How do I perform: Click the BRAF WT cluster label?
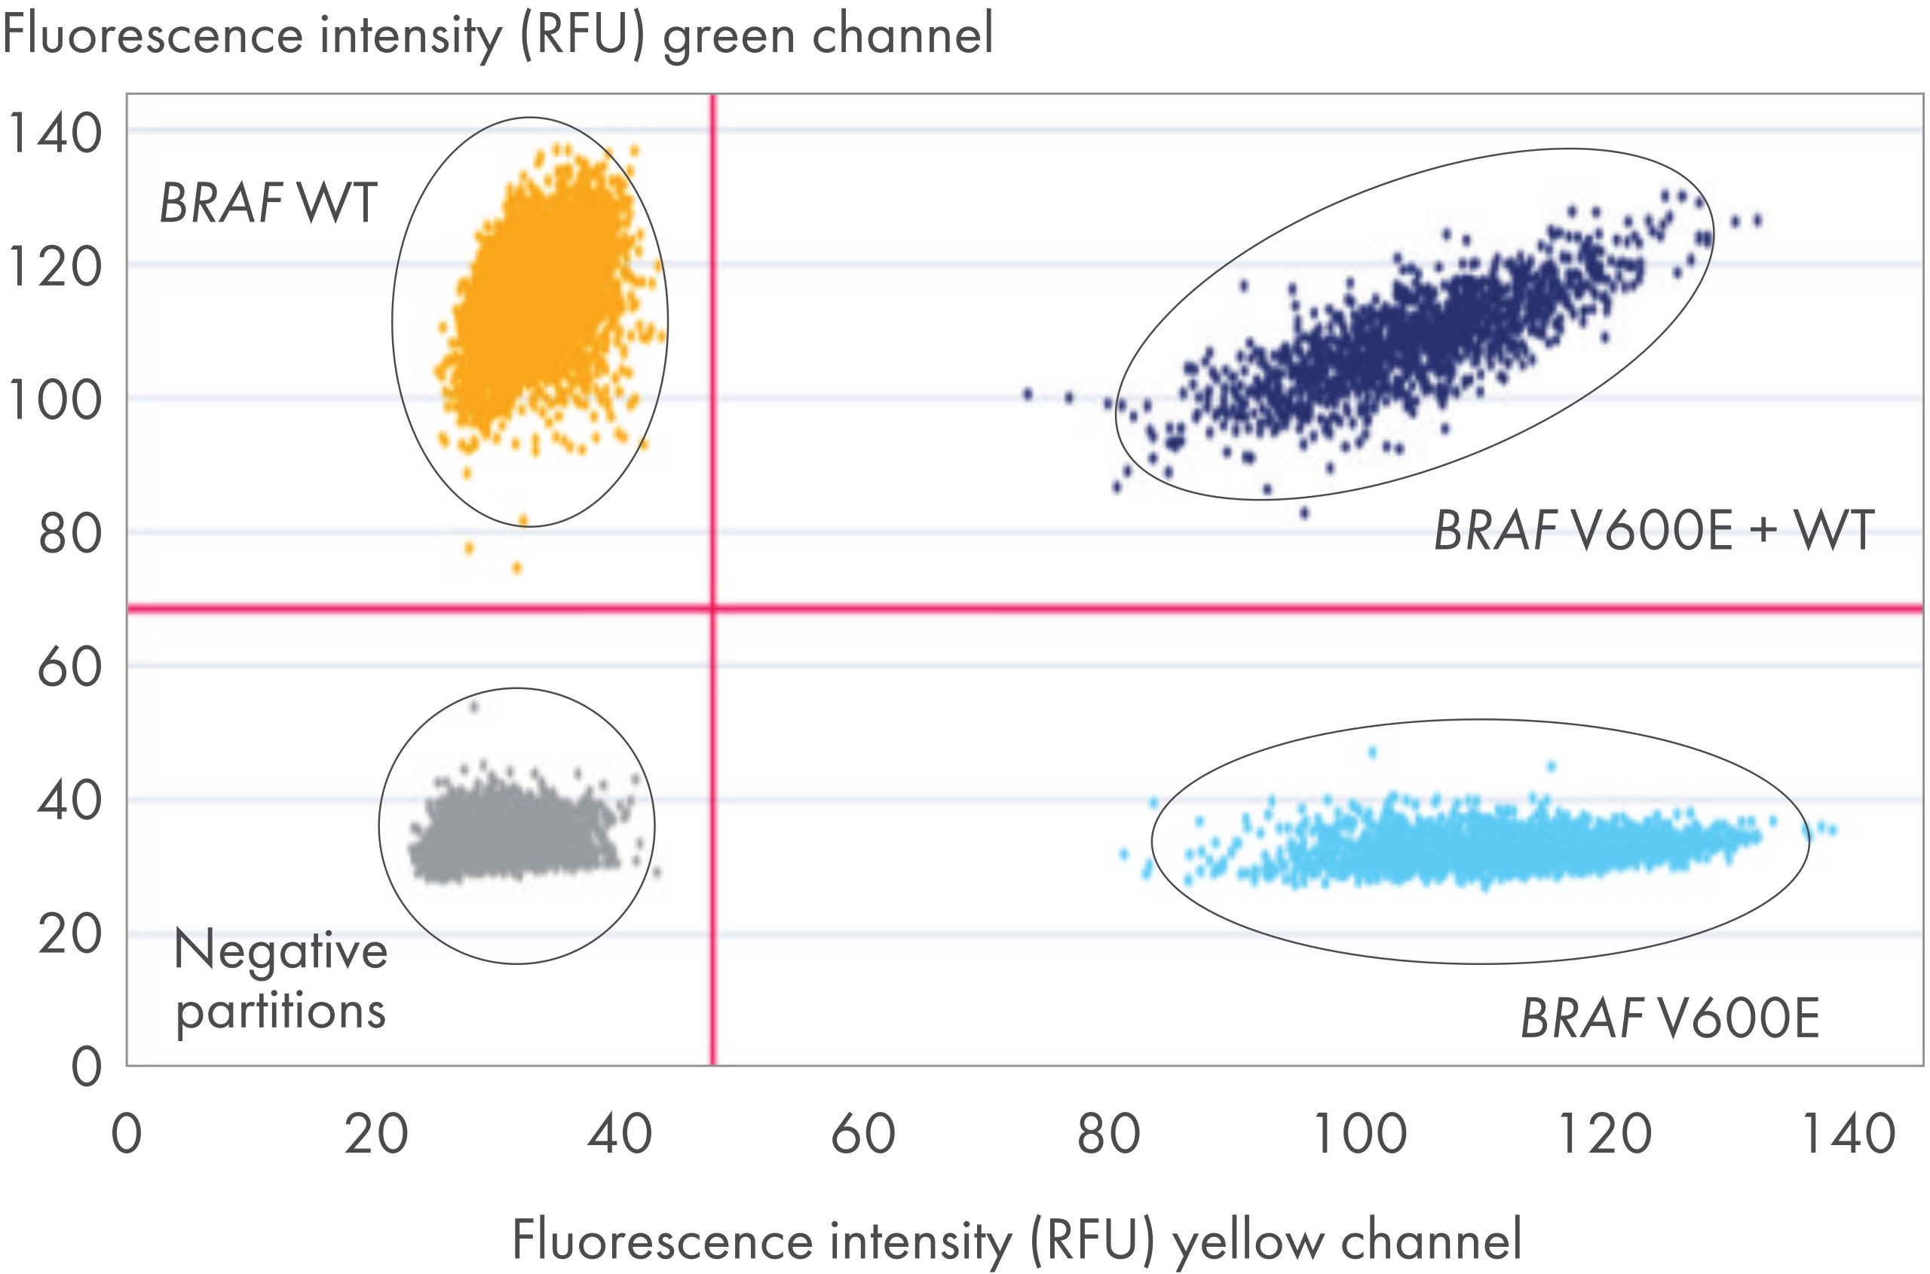268,202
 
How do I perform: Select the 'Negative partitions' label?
280,980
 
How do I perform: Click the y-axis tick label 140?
54,133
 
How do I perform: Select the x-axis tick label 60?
863,1135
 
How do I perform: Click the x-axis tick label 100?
1359,1135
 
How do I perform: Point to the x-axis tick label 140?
1849,1135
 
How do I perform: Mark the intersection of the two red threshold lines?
712,608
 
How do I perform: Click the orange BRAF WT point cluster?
536,301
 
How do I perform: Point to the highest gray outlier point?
474,707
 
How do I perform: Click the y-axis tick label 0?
86,1067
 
